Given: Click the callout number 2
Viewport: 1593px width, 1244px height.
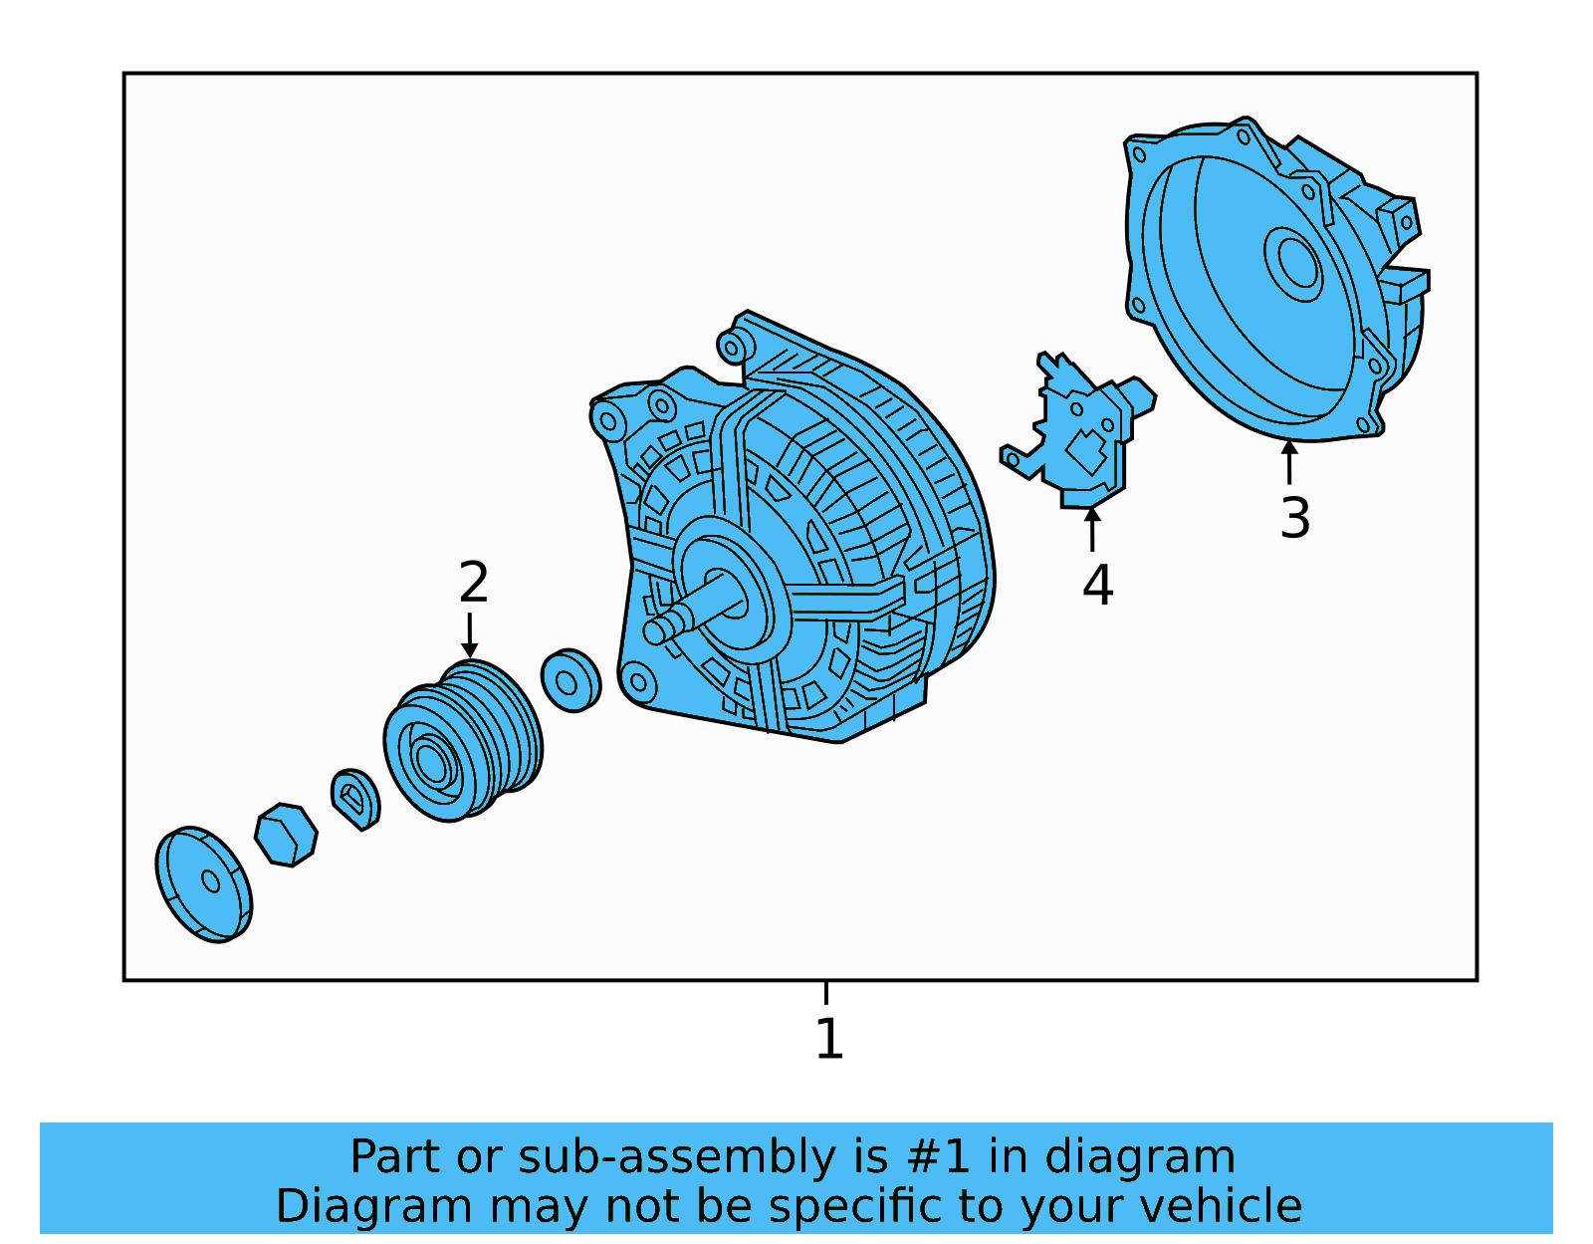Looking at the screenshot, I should coord(474,583).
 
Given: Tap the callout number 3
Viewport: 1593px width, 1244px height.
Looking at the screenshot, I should coord(1295,518).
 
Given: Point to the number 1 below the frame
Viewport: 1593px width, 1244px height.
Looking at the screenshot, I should coord(829,1039).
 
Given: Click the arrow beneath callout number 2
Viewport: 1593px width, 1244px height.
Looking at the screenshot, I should coord(470,635).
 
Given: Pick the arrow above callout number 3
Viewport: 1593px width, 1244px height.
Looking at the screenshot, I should coord(1289,461).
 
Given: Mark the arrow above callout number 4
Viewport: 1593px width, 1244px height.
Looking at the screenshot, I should coord(1092,528).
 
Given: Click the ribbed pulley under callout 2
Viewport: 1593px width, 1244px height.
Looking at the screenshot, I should coord(463,742).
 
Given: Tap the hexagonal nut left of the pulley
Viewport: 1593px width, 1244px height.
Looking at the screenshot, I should coord(286,834).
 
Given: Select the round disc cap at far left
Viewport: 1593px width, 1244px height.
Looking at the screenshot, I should coord(204,883).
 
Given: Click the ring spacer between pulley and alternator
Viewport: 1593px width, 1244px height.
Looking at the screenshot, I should coord(570,681).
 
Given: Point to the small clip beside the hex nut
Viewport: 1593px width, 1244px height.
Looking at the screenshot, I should coord(355,798).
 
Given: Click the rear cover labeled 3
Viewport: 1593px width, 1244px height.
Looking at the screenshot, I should coord(1264,289).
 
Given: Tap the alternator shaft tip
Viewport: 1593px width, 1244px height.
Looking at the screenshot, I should coord(656,630).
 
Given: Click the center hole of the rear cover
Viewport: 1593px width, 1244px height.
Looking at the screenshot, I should coord(1297,263).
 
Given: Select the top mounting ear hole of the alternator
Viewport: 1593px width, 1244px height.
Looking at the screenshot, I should coord(733,348).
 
